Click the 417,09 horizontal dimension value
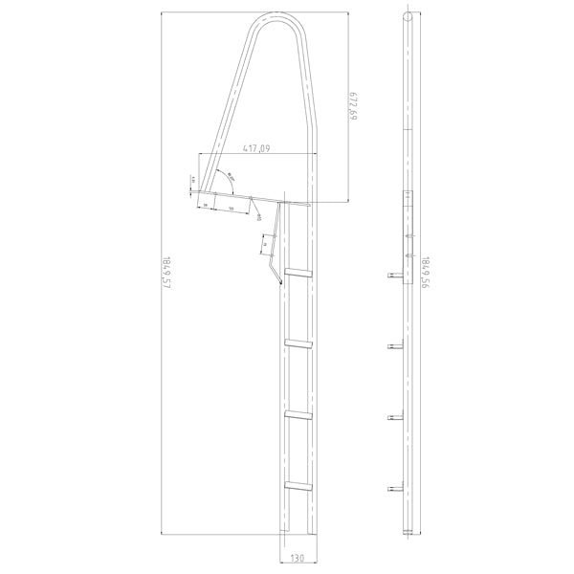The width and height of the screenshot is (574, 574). [x=255, y=148]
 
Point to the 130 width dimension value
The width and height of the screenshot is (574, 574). [x=298, y=558]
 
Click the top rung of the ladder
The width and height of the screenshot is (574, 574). [x=298, y=274]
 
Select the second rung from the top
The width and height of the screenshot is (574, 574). [x=298, y=342]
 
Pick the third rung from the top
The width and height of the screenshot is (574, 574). [x=298, y=413]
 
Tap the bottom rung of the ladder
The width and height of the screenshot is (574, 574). [x=298, y=486]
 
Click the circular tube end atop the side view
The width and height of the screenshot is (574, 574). [x=408, y=17]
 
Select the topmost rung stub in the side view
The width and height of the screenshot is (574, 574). [x=393, y=275]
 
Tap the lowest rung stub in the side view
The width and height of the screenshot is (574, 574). [x=393, y=489]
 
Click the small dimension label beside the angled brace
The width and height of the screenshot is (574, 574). [x=261, y=246]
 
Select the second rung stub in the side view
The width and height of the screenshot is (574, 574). [x=393, y=345]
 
